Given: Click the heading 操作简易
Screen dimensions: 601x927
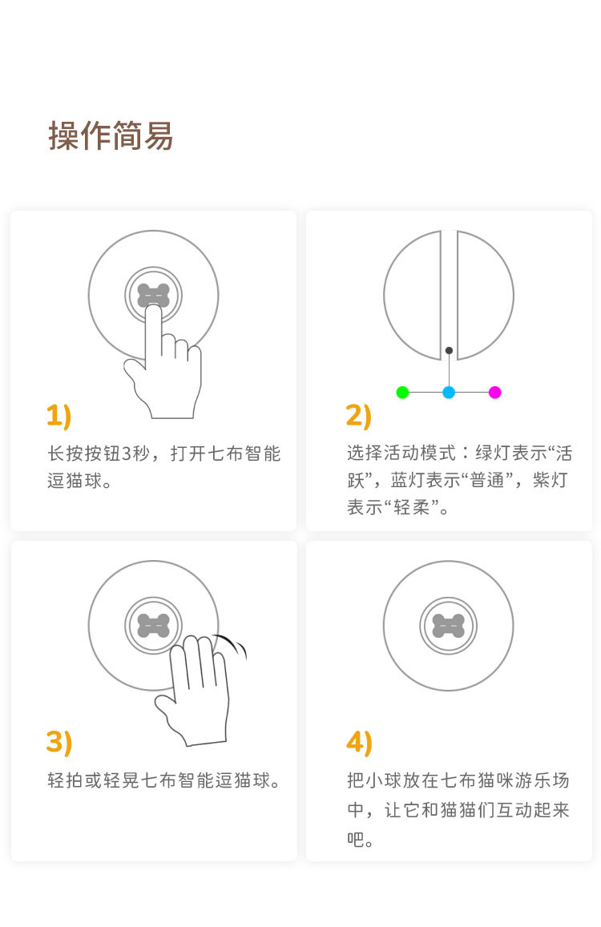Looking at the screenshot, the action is pyautogui.click(x=111, y=135).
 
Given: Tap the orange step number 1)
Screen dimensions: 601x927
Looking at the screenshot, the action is pyautogui.click(x=58, y=415).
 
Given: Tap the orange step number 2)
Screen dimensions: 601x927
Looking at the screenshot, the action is pyautogui.click(x=358, y=415).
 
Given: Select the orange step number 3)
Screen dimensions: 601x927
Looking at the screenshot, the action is pyautogui.click(x=59, y=742).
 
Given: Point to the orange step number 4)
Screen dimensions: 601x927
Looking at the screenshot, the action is pyautogui.click(x=359, y=743).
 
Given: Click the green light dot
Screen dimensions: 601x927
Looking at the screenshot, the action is pyautogui.click(x=402, y=392).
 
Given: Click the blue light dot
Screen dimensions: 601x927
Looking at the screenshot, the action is pyautogui.click(x=449, y=392).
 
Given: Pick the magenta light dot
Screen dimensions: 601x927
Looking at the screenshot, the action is pyautogui.click(x=495, y=392).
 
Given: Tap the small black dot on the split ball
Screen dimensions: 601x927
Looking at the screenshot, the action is pyautogui.click(x=449, y=351).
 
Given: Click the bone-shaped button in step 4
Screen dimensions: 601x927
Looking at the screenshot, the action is pyautogui.click(x=449, y=626).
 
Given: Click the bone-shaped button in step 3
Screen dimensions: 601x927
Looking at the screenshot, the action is pyautogui.click(x=153, y=626).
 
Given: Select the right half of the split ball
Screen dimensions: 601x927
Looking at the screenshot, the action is pyautogui.click(x=485, y=295).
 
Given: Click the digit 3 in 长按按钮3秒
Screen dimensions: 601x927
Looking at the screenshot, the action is pyautogui.click(x=125, y=453).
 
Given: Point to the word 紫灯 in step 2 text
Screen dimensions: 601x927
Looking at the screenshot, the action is pyautogui.click(x=551, y=479).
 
